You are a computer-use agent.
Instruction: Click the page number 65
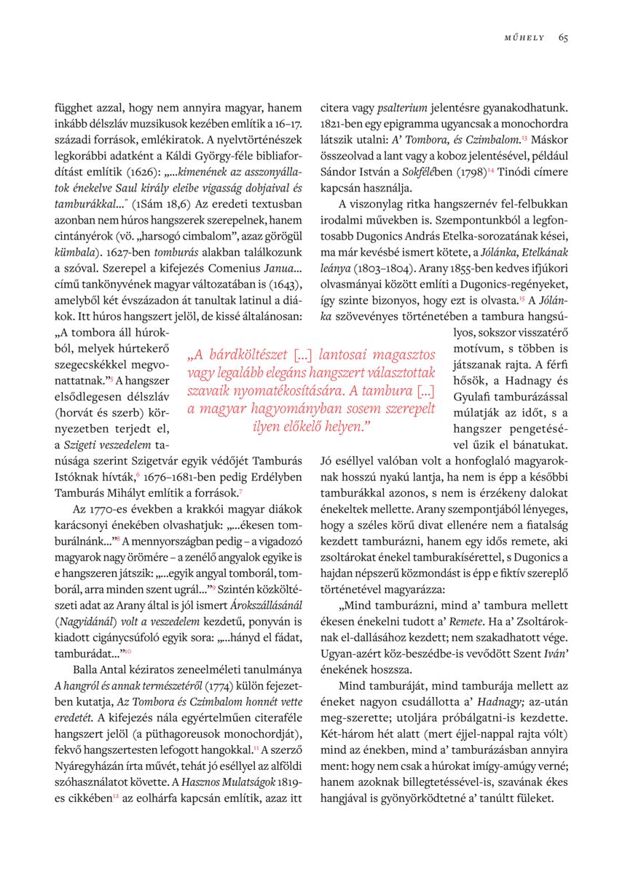tap(564, 38)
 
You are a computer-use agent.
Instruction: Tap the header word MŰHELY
tap(524, 38)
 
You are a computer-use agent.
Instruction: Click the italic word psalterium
tap(395, 108)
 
